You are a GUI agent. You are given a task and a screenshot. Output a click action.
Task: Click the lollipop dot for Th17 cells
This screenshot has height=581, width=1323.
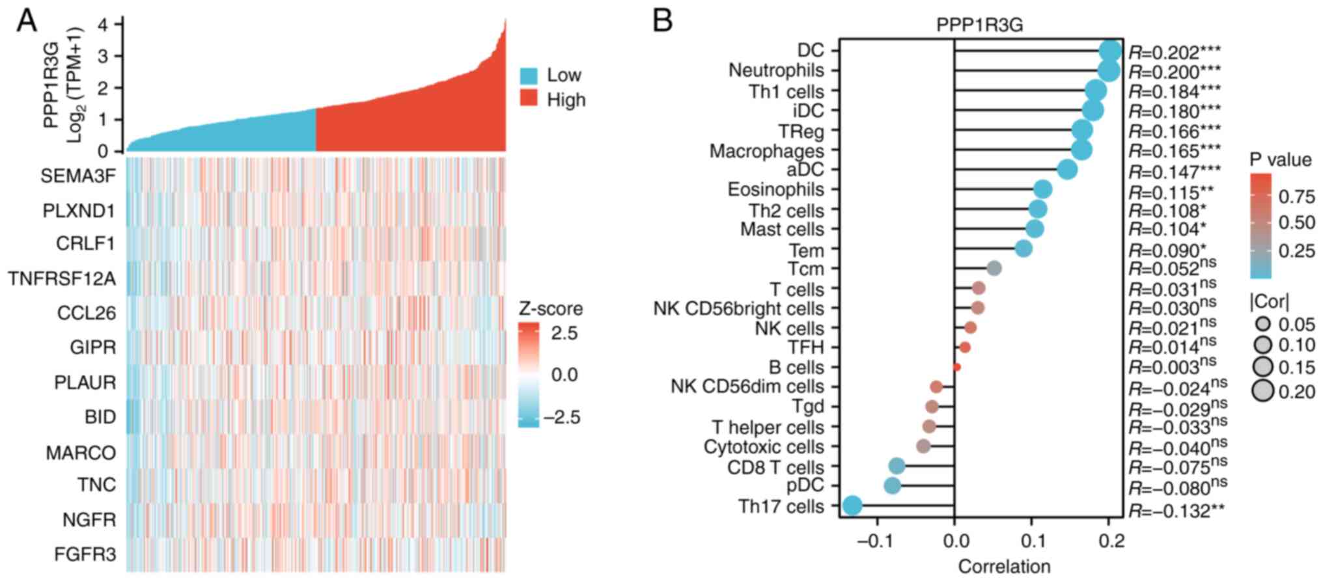[852, 506]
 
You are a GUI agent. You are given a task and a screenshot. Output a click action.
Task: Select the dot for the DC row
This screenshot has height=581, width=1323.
[1110, 50]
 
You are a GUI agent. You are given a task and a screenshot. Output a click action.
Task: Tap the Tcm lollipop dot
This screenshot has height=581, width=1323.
[994, 268]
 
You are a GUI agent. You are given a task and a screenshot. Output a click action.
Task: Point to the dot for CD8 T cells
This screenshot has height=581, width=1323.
[897, 466]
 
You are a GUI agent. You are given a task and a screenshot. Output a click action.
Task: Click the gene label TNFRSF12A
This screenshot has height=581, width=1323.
[62, 279]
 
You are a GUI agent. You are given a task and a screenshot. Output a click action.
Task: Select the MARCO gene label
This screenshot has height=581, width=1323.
[81, 452]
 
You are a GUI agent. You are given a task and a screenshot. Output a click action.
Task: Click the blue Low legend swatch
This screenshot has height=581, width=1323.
[529, 75]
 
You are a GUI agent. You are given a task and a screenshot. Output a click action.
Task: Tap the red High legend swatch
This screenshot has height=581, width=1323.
[529, 100]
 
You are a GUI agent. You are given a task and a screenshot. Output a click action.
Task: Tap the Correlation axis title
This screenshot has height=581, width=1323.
[1004, 567]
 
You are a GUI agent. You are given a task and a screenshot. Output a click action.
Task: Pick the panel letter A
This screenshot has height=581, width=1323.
[27, 21]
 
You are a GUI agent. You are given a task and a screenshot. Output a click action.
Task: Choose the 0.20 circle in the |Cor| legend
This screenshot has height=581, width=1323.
[1263, 391]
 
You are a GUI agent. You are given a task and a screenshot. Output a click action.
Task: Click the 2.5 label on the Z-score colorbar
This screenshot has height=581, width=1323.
[564, 333]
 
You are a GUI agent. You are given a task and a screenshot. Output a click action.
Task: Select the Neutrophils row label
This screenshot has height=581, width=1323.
[776, 70]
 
